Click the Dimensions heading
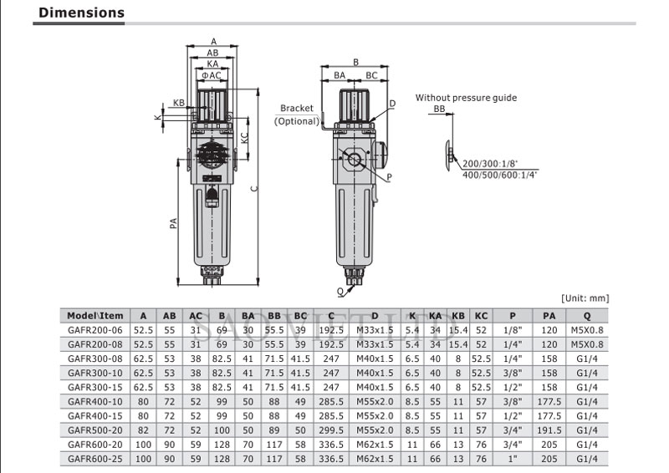[82, 13]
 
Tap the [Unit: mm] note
[583, 298]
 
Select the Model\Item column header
[95, 315]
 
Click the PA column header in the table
[549, 315]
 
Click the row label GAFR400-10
[94, 402]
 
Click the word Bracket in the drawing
[296, 109]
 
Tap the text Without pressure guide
[466, 98]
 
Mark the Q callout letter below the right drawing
[341, 291]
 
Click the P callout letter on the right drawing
[390, 177]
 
